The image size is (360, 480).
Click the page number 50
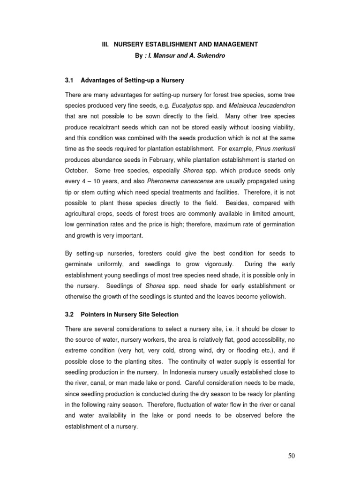point(291,455)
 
